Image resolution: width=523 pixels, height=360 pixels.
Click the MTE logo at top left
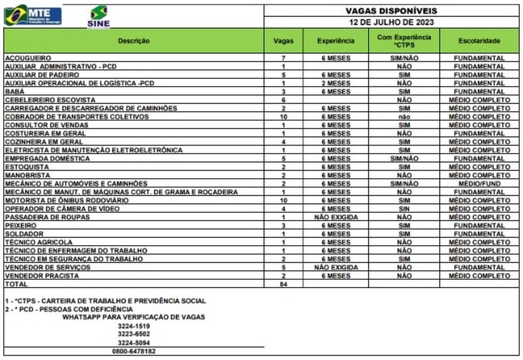click(x=33, y=15)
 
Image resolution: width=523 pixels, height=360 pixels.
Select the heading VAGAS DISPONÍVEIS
click(x=391, y=11)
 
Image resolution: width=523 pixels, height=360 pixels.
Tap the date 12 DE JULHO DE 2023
click(x=391, y=22)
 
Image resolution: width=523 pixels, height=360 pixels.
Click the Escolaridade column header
click(x=479, y=41)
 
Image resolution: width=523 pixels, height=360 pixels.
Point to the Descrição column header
click(x=133, y=41)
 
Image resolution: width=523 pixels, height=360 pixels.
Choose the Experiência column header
click(x=335, y=41)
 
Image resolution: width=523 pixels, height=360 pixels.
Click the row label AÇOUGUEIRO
click(x=28, y=58)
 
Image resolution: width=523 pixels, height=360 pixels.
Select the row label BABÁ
click(x=14, y=91)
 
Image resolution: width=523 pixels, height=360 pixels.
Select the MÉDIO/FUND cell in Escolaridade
click(x=479, y=183)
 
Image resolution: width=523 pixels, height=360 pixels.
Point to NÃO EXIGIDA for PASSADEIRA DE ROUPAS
click(x=335, y=217)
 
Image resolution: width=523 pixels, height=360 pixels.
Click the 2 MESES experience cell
click(x=335, y=83)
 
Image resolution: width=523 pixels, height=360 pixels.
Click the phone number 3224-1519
click(x=133, y=325)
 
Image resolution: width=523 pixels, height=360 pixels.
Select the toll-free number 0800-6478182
click(x=133, y=351)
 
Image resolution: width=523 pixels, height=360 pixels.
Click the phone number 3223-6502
click(x=133, y=334)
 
